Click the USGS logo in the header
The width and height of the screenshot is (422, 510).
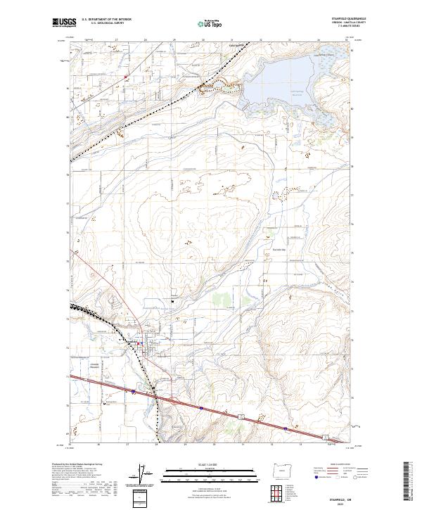62,23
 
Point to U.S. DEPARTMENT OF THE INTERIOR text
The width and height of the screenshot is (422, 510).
107,19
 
